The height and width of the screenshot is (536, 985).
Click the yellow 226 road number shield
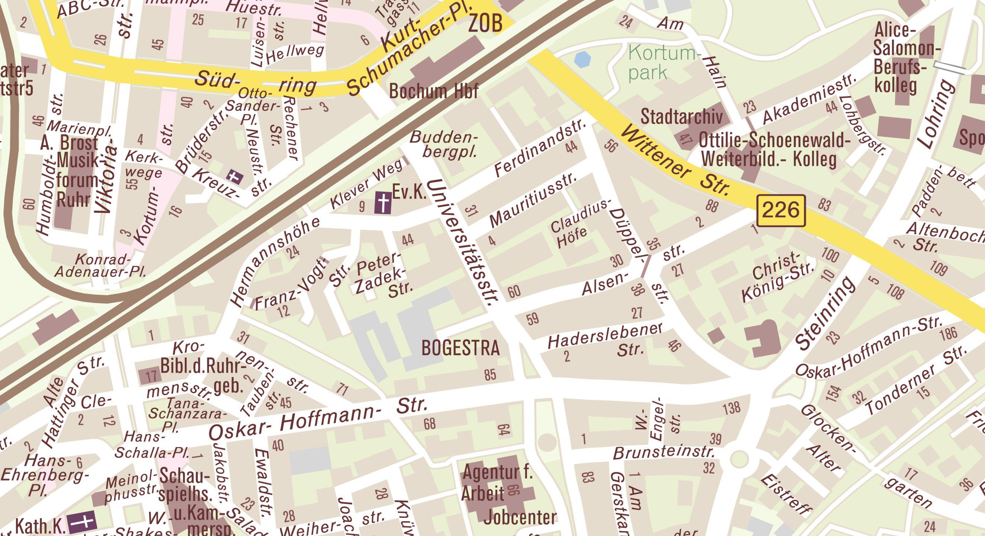(781, 211)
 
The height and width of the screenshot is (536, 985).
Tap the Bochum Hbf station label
(434, 92)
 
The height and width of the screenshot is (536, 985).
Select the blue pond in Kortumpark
(583, 60)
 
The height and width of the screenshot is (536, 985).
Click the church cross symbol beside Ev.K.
(383, 203)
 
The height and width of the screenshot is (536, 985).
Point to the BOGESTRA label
(461, 348)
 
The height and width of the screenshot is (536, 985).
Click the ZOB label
(485, 24)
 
